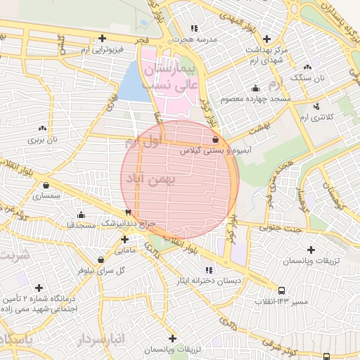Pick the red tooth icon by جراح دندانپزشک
pyautogui.click(x=127, y=212)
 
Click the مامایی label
pyautogui.click(x=124, y=250)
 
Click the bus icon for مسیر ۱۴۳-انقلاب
pyautogui.click(x=282, y=290)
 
